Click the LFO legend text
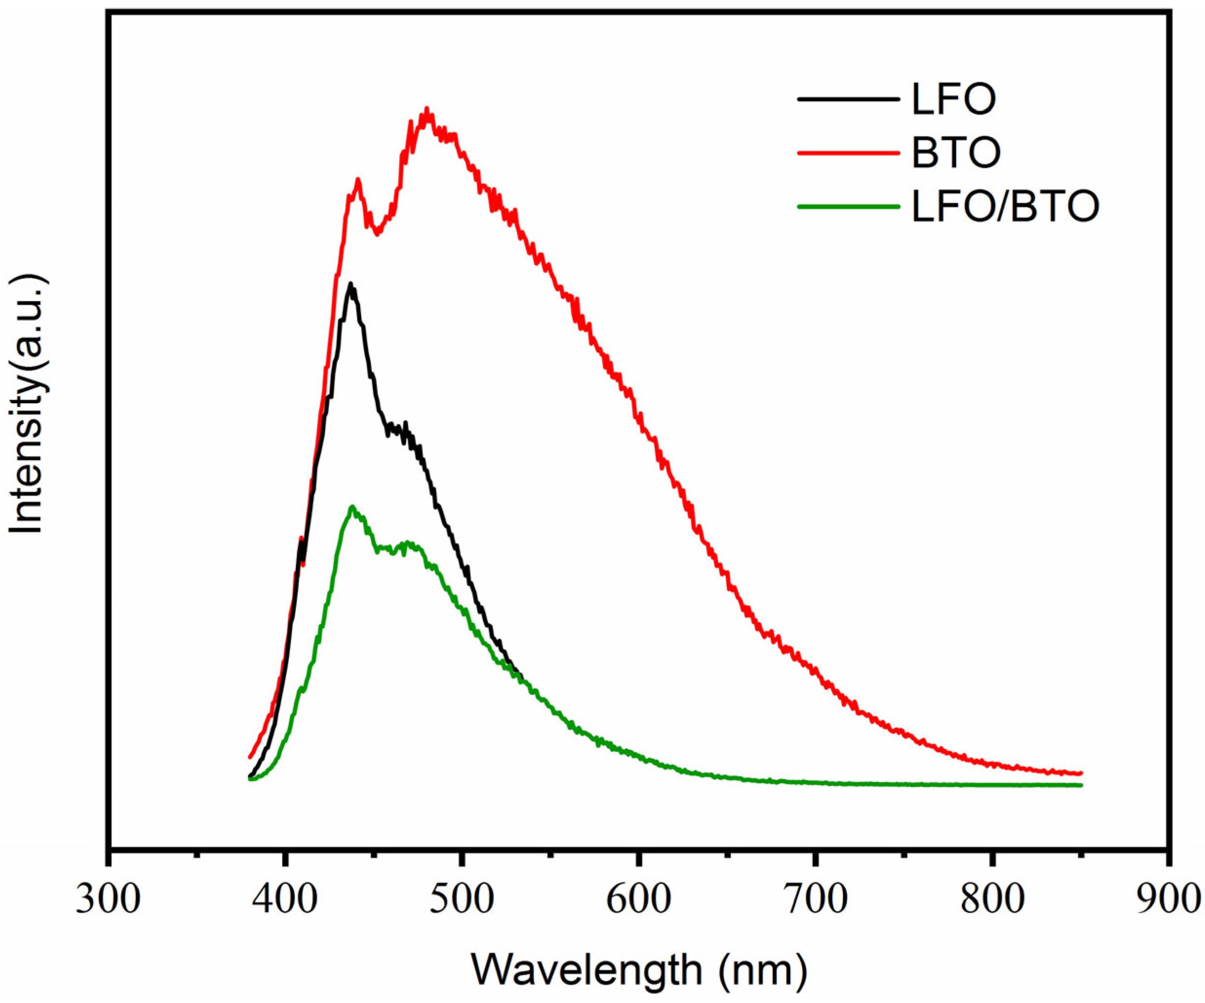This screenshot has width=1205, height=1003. pos(954,99)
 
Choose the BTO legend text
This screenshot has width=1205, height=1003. pos(956,152)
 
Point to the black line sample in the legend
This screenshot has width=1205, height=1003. pos(847,99)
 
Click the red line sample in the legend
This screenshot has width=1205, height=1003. pos(847,152)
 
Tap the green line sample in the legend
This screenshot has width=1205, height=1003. pos(847,206)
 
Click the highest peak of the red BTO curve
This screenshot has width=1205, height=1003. pos(426,109)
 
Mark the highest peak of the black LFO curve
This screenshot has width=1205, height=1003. pos(350,284)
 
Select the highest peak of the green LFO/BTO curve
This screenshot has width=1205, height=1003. pos(352,506)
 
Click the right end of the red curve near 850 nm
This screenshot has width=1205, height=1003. pos(1080,773)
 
